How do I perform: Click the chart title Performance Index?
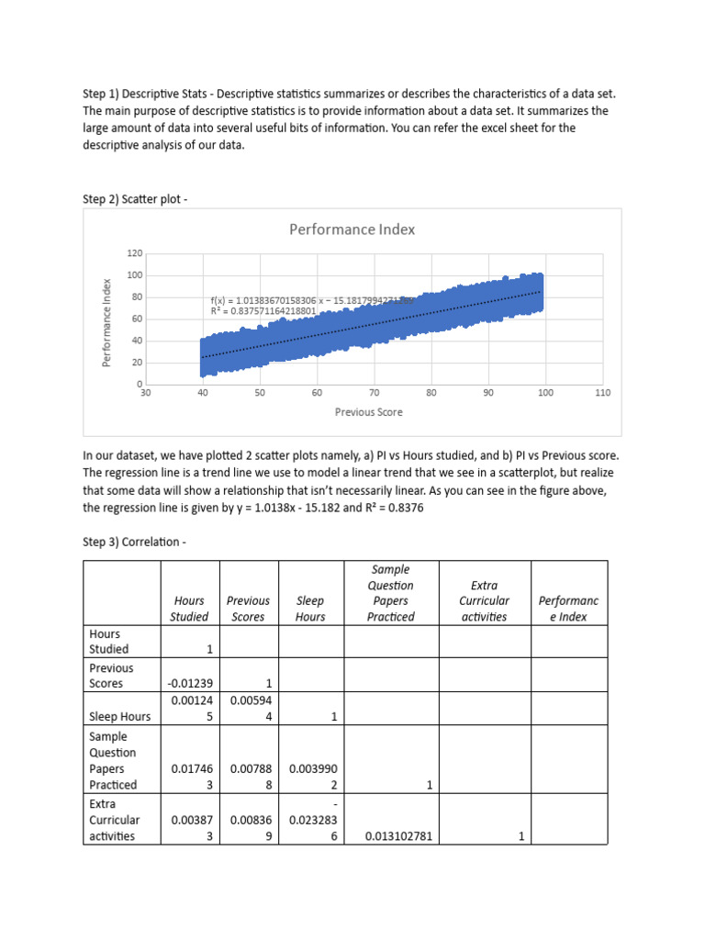[x=352, y=229]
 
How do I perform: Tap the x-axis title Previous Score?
[x=369, y=412]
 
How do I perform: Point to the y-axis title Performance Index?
[x=106, y=322]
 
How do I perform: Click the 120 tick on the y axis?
[x=135, y=253]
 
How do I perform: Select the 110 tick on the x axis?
[x=602, y=393]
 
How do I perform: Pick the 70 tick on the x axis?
[x=374, y=393]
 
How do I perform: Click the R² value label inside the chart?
[x=263, y=311]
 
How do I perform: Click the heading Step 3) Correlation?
[x=134, y=543]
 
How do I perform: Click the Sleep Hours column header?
[x=310, y=609]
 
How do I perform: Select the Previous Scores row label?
[x=111, y=676]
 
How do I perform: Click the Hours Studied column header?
[x=189, y=609]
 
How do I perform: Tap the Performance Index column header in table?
[x=568, y=609]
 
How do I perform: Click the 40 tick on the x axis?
[x=203, y=393]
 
